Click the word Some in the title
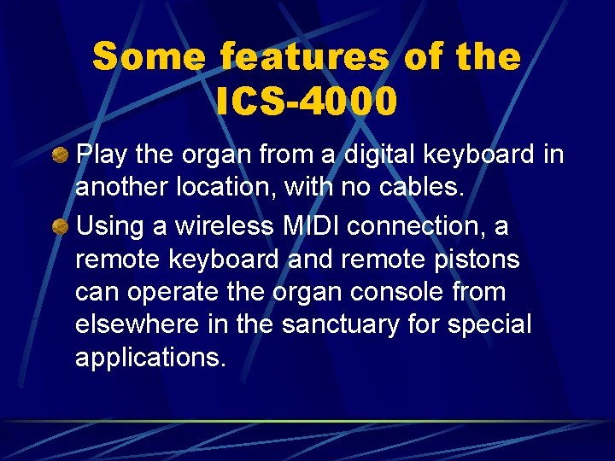[x=149, y=58]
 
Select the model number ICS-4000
[x=307, y=102]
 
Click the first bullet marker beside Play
[x=61, y=155]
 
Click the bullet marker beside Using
[x=61, y=227]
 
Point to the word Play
[x=101, y=155]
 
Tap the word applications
[x=151, y=357]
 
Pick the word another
[x=120, y=188]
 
